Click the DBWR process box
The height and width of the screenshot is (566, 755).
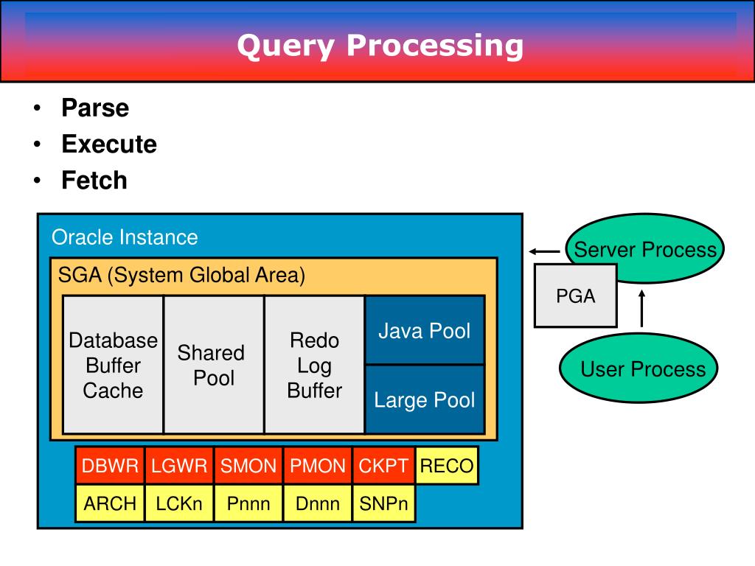point(110,466)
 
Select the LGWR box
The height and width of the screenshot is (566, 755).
point(179,466)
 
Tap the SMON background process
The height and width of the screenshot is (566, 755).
point(248,466)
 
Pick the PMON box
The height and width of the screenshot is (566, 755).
point(318,466)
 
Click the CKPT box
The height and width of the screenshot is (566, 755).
point(383,466)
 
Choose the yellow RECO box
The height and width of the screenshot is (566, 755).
point(446,466)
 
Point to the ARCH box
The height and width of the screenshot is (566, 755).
point(110,504)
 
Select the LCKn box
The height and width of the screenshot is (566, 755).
point(179,504)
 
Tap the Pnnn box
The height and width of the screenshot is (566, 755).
point(248,504)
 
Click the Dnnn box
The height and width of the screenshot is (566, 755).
point(318,504)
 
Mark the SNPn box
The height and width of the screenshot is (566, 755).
point(383,504)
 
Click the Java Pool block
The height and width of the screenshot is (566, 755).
point(425,331)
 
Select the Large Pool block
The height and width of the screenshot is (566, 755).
point(425,400)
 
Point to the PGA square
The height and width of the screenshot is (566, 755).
point(575,296)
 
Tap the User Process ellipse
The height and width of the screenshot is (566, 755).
point(643,369)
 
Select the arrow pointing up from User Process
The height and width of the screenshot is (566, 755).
point(641,308)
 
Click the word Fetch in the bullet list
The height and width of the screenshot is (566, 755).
point(94,181)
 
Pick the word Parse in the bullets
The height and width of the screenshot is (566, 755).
point(95,108)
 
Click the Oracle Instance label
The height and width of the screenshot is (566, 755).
point(125,237)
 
